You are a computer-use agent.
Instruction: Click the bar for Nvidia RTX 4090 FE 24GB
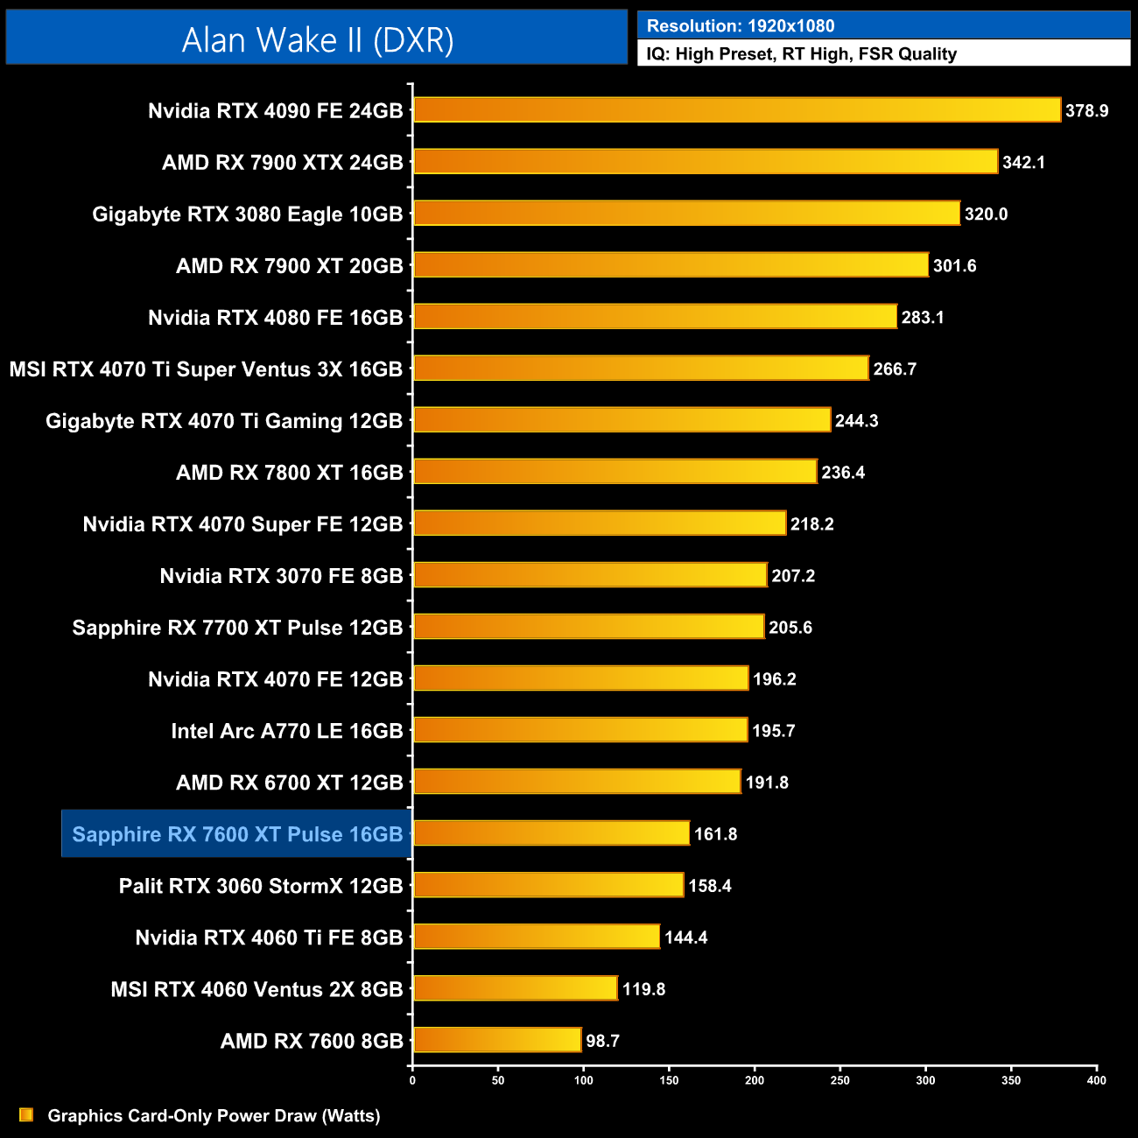click(x=736, y=110)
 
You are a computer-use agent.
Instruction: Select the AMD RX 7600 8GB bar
click(x=497, y=1040)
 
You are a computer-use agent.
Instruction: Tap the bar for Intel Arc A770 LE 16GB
click(x=580, y=730)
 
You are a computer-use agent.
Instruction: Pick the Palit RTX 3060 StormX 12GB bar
click(x=548, y=885)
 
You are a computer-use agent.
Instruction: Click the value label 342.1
click(x=1023, y=163)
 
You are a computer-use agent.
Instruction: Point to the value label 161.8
click(x=715, y=834)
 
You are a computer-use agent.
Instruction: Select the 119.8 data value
click(x=643, y=989)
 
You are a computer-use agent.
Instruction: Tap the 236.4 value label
click(x=843, y=473)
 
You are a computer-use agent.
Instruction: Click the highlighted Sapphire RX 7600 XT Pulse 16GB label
click(x=236, y=834)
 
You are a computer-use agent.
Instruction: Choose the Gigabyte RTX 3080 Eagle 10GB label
click(x=247, y=214)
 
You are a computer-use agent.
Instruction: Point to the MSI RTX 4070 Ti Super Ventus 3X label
click(x=206, y=369)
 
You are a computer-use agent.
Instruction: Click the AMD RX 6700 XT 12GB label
click(x=289, y=783)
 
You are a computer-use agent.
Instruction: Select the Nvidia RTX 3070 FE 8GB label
click(x=281, y=576)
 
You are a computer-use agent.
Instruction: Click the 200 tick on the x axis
click(x=755, y=1080)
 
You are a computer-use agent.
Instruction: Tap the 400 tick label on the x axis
click(x=1096, y=1080)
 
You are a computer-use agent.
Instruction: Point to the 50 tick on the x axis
click(x=498, y=1080)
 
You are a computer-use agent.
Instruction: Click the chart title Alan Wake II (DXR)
click(x=317, y=39)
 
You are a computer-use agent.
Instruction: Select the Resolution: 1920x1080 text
click(x=741, y=26)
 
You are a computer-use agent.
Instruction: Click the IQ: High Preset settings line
click(x=801, y=54)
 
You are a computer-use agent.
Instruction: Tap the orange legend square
click(x=26, y=1114)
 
